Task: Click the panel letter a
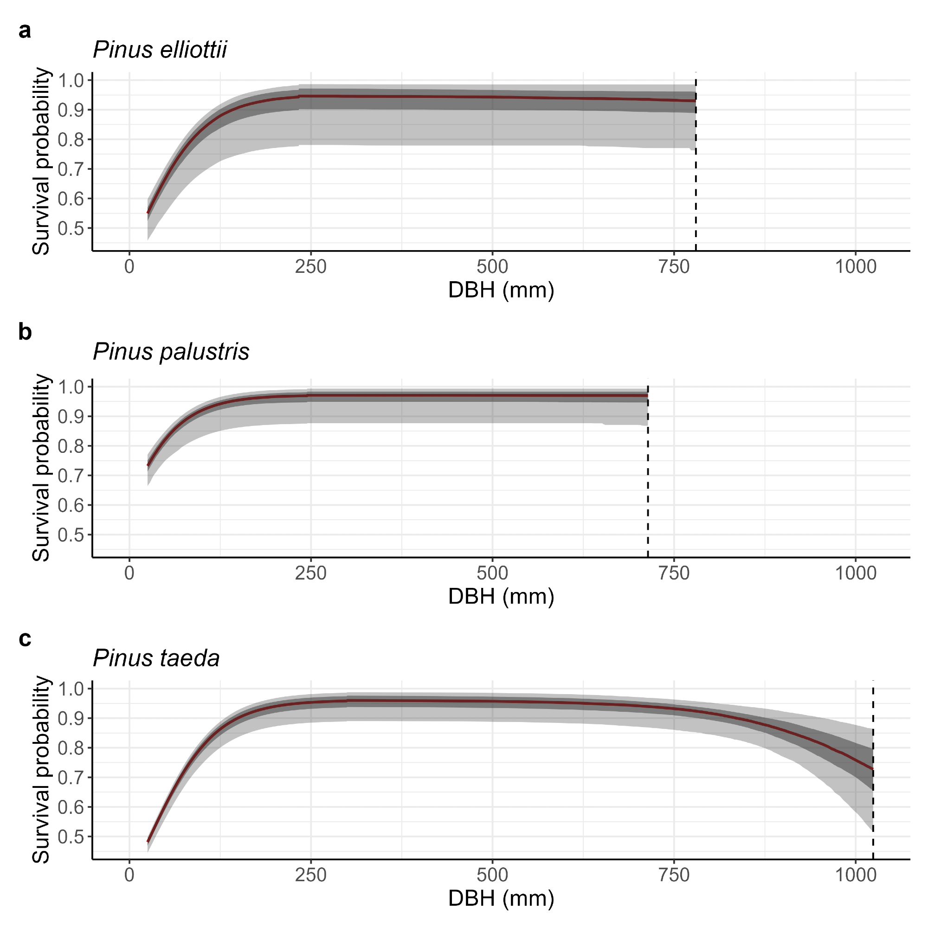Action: coord(25,31)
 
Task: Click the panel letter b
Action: coord(25,332)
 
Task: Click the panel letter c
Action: coord(25,639)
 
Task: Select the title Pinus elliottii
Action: coord(160,50)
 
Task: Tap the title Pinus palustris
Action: coord(171,352)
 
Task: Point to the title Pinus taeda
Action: coord(156,658)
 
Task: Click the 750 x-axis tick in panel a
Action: coord(674,267)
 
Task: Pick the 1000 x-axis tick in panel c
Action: coord(856,875)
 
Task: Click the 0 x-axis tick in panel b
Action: coord(129,573)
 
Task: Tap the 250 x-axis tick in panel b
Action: coord(311,573)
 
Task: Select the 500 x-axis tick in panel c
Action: coord(492,875)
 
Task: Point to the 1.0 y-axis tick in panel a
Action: coord(71,81)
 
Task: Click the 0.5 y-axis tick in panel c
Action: coord(71,837)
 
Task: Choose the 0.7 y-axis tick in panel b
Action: coord(71,476)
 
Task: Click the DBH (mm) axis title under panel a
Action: coord(501,290)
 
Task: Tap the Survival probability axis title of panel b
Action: coord(41,468)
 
